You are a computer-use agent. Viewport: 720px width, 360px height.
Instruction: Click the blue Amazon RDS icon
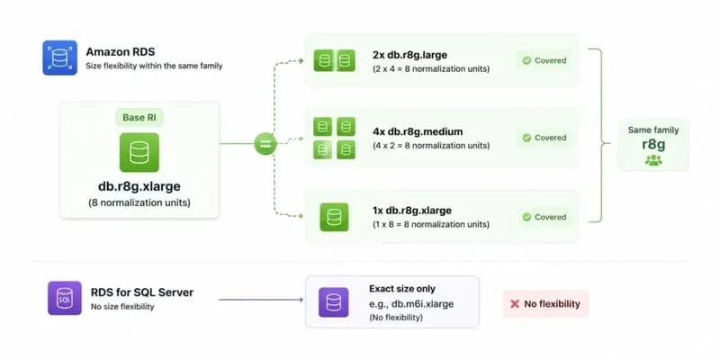(59, 58)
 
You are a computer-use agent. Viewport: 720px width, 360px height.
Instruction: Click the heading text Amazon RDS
(121, 51)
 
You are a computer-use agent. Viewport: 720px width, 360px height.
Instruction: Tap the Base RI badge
(139, 118)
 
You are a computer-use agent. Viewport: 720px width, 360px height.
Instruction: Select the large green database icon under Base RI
(139, 152)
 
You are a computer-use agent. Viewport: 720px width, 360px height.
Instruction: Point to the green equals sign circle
(265, 144)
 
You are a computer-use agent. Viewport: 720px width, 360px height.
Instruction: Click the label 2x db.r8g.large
(410, 55)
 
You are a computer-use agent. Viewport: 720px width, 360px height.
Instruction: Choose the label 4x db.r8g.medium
(418, 131)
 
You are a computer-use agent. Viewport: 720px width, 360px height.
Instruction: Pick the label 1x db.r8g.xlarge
(412, 211)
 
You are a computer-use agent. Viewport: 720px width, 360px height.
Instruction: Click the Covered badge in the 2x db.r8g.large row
(544, 60)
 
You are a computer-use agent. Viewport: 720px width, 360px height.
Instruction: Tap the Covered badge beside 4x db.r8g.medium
(544, 138)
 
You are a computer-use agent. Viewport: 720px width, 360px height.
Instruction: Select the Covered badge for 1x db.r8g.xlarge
(544, 217)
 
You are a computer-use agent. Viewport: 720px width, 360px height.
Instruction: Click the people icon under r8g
(653, 160)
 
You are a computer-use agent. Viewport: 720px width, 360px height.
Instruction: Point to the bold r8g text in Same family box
(653, 144)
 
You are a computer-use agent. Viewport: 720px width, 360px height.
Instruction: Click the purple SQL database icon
(65, 298)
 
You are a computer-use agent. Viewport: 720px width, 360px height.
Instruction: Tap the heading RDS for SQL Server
(142, 292)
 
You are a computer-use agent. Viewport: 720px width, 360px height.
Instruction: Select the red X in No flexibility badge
(515, 304)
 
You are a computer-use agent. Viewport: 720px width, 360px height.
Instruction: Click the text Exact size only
(402, 289)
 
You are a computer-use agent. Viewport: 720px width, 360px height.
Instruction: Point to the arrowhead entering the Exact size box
(301, 300)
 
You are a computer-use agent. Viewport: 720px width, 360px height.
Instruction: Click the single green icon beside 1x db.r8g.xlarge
(334, 217)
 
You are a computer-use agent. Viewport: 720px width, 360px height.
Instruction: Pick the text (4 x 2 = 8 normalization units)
(431, 146)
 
